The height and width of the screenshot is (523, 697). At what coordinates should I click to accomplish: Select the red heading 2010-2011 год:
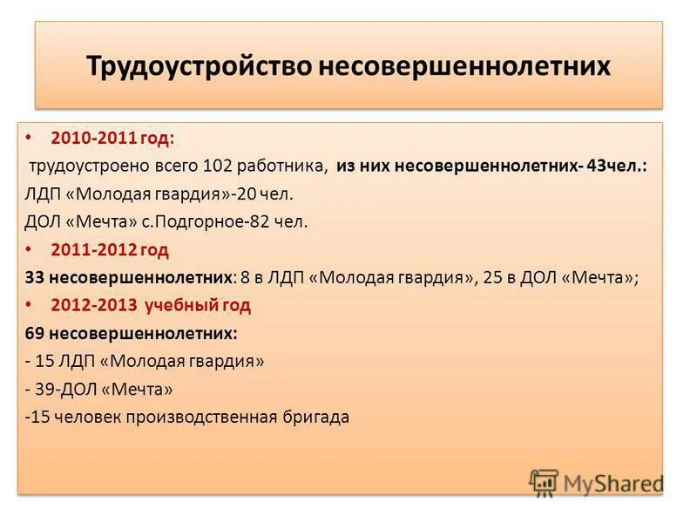pos(112,138)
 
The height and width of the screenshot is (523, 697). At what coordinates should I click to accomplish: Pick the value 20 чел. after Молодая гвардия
pos(270,194)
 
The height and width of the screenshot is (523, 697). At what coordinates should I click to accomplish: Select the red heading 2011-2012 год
pos(110,249)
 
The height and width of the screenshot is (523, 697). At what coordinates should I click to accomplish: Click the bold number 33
pos(35,277)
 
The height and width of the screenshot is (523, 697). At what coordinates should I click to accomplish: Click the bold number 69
pos(35,333)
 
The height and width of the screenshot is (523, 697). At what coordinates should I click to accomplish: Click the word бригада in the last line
pos(316,417)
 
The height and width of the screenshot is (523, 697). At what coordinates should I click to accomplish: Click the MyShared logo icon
pos(544,482)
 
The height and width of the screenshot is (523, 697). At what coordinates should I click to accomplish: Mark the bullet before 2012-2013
pos(32,305)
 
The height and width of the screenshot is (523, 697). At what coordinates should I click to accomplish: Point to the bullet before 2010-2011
pos(32,138)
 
